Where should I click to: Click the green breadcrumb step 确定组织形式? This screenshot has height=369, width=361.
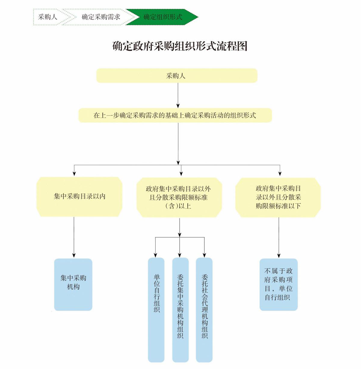pos(162,17)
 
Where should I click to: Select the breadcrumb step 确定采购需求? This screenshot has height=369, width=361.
pos(101,17)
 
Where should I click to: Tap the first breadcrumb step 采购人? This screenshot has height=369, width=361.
pos(48,17)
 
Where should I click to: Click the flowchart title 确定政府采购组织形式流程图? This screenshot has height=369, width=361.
pos(180,46)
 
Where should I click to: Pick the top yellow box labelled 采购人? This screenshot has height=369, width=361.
pos(177,76)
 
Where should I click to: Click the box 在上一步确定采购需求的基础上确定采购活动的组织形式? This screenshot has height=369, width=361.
pos(175,115)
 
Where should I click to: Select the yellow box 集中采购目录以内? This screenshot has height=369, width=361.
pos(79,197)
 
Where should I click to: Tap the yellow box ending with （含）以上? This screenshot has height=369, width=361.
pos(179,198)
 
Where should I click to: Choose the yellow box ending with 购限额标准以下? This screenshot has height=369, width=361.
pos(278,197)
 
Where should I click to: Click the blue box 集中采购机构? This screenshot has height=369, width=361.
pos(73,284)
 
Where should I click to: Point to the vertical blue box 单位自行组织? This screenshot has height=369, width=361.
pos(156,310)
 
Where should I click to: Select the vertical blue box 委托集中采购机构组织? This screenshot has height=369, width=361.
pos(180,310)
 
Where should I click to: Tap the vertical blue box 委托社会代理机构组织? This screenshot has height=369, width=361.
pos(204,310)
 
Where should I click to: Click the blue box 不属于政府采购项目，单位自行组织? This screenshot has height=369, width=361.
pos(279,284)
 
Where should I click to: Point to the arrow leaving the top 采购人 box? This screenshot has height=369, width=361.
pos(178,95)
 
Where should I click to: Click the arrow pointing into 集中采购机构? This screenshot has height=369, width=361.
pos(74,238)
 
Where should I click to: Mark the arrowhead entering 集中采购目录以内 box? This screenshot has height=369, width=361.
pos(74,173)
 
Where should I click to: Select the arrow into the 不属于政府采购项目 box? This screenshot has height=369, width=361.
pos(279,238)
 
